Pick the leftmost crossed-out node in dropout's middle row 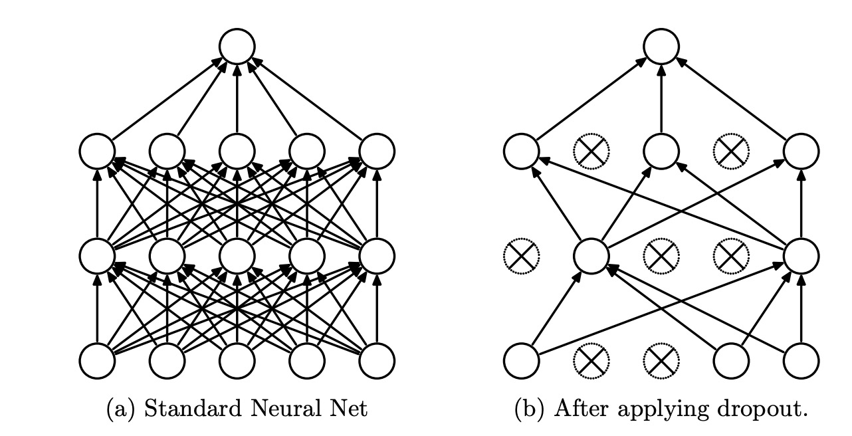tap(520, 256)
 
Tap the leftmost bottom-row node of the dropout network tap(520, 360)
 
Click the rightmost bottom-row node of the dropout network tap(801, 360)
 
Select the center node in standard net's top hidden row tap(237, 152)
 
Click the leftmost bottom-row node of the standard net tap(96, 360)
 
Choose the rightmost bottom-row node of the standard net tap(377, 360)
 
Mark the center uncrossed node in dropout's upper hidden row tap(661, 152)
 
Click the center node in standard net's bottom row tap(237, 360)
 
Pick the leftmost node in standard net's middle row tap(96, 256)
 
